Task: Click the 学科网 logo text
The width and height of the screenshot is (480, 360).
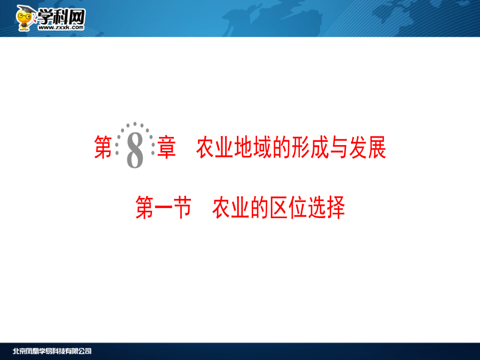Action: (61, 17)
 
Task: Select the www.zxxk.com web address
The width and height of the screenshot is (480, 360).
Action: (61, 28)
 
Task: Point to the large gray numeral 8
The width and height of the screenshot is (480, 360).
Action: (135, 150)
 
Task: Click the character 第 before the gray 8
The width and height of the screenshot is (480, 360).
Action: (103, 148)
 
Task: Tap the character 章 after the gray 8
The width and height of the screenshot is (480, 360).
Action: (166, 148)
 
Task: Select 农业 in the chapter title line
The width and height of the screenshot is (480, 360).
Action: (214, 148)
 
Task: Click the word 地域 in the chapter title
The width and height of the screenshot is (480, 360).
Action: (253, 148)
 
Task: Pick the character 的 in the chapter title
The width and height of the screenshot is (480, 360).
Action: (281, 148)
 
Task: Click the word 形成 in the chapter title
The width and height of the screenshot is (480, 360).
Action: (310, 148)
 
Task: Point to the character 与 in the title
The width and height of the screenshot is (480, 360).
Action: (339, 148)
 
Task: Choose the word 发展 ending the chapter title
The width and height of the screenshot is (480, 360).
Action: (367, 148)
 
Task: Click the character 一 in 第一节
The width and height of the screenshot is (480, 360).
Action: (164, 207)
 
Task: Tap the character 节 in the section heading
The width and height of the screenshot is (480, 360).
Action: (182, 207)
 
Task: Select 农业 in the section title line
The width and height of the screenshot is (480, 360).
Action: (231, 207)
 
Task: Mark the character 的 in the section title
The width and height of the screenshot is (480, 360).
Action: (260, 207)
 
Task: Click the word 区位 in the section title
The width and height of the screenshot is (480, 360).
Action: (288, 207)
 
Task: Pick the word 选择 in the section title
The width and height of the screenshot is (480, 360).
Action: (326, 207)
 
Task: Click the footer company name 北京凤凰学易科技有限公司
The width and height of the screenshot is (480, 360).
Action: (52, 351)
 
